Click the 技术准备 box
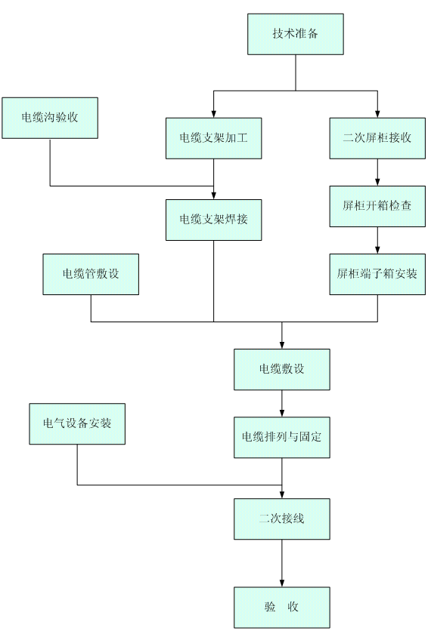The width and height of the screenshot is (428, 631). pyautogui.click(x=296, y=34)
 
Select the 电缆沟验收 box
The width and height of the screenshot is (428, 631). pyautogui.click(x=50, y=118)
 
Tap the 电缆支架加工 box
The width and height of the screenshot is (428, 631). pyautogui.click(x=213, y=138)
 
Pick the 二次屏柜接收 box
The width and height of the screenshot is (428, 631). pyautogui.click(x=377, y=138)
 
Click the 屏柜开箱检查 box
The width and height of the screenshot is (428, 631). pyautogui.click(x=377, y=206)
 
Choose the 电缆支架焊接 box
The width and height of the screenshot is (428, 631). pyautogui.click(x=213, y=220)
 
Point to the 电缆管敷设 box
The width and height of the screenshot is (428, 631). pyautogui.click(x=91, y=274)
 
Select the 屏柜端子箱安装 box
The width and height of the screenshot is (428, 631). pyautogui.click(x=377, y=274)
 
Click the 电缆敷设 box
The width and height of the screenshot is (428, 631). pyautogui.click(x=282, y=369)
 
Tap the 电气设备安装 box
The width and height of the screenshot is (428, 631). pyautogui.click(x=77, y=423)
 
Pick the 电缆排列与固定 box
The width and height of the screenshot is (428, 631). pyautogui.click(x=282, y=438)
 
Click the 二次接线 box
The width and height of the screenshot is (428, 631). pyautogui.click(x=282, y=519)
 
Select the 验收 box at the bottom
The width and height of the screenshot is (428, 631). pyautogui.click(x=282, y=608)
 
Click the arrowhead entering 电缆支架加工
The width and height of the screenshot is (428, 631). pyautogui.click(x=213, y=114)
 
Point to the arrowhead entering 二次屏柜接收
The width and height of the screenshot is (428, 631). pyautogui.click(x=377, y=114)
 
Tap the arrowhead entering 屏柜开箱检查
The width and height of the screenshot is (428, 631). pyautogui.click(x=377, y=182)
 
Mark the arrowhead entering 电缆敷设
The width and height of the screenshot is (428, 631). pyautogui.click(x=282, y=345)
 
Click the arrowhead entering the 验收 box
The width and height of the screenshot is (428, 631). pyautogui.click(x=282, y=583)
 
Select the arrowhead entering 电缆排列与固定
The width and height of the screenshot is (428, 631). pyautogui.click(x=282, y=413)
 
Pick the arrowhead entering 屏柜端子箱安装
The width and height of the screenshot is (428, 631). pyautogui.click(x=377, y=250)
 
